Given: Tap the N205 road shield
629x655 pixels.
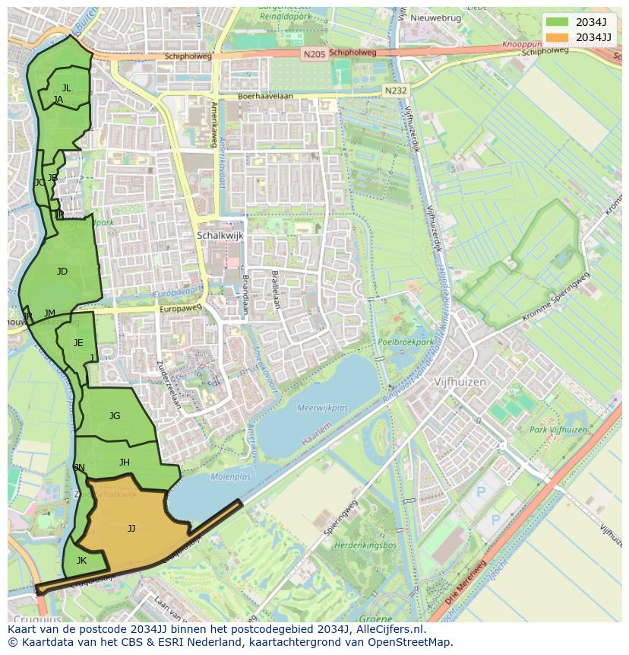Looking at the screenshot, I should click(312, 54).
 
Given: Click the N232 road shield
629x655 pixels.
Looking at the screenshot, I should click(395, 90).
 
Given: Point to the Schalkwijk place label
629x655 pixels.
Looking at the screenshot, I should click(220, 236).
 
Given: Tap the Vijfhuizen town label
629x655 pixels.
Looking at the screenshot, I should click(460, 382).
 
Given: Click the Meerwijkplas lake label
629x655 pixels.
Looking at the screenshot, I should click(323, 408).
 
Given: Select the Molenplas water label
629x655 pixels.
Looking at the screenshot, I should click(230, 477).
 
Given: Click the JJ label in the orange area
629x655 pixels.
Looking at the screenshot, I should click(131, 528).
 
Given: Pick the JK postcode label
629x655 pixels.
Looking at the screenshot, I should click(81, 561).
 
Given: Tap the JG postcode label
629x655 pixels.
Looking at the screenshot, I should click(115, 415).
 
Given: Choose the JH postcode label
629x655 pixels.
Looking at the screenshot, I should click(125, 462).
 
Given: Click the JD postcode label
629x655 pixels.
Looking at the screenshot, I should click(62, 272).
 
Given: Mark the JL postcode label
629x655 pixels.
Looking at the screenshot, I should click(67, 88).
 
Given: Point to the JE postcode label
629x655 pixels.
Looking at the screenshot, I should click(78, 343).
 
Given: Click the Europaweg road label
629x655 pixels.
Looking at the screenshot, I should click(181, 309).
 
